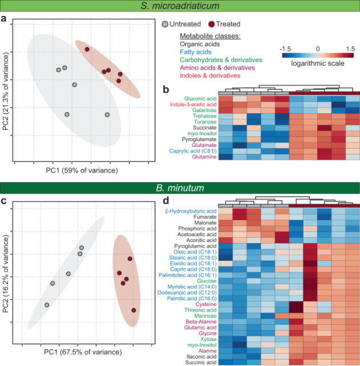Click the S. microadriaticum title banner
point(180,6)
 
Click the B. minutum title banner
point(180,188)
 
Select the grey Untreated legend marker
point(165,24)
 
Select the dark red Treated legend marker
point(211,24)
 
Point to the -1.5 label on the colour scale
point(287,49)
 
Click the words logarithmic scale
point(318,64)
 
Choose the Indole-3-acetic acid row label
point(191,105)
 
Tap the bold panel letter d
point(166,201)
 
